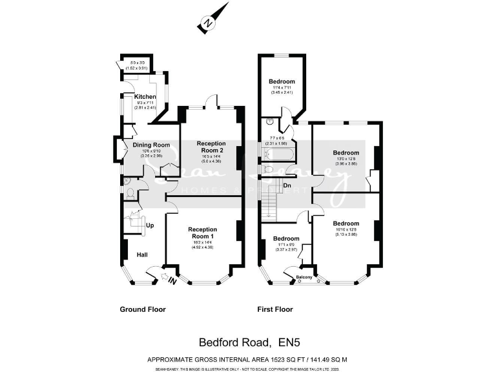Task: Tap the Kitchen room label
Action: pyautogui.click(x=145, y=97)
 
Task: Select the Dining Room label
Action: pyautogui.click(x=151, y=145)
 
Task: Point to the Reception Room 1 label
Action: pyautogui.click(x=202, y=233)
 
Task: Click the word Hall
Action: pyautogui.click(x=142, y=255)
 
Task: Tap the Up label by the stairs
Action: pyautogui.click(x=150, y=226)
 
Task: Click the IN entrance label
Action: pyautogui.click(x=172, y=280)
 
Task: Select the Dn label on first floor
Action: pyautogui.click(x=287, y=185)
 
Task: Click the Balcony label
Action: pyautogui.click(x=304, y=278)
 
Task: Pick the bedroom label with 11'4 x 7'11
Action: pyautogui.click(x=282, y=81)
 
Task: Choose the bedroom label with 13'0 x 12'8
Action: pyautogui.click(x=346, y=153)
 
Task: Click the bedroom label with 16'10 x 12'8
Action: pyautogui.click(x=346, y=223)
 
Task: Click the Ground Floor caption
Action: pyautogui.click(x=143, y=309)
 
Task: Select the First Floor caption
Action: pyautogui.click(x=275, y=309)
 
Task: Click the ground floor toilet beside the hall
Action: pyautogui.click(x=130, y=193)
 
